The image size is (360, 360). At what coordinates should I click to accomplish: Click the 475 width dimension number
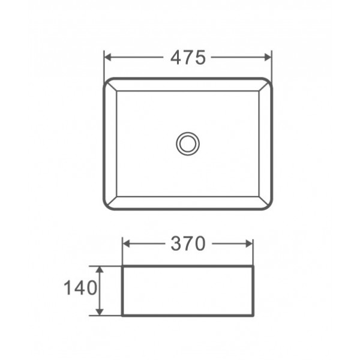click(x=188, y=58)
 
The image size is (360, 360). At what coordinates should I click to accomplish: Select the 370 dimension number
click(x=188, y=244)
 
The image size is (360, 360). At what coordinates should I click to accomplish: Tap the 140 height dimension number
click(x=80, y=288)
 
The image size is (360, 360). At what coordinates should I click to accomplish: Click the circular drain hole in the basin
click(x=188, y=143)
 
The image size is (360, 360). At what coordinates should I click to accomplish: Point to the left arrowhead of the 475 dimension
click(x=108, y=58)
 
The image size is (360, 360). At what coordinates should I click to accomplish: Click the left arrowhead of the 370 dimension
click(x=126, y=244)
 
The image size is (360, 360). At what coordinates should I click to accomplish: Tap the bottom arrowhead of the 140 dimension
click(x=101, y=312)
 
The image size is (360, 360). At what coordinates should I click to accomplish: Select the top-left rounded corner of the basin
click(x=108, y=81)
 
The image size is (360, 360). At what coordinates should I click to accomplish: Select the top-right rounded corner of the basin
click(x=268, y=81)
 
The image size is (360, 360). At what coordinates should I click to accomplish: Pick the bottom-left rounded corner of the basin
click(x=108, y=206)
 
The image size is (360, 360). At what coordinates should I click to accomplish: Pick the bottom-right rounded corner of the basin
click(x=268, y=206)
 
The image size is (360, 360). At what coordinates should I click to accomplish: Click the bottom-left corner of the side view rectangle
click(x=123, y=315)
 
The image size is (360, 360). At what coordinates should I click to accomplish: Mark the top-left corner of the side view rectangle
click(x=123, y=266)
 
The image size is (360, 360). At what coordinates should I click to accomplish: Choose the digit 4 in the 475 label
click(x=176, y=58)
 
